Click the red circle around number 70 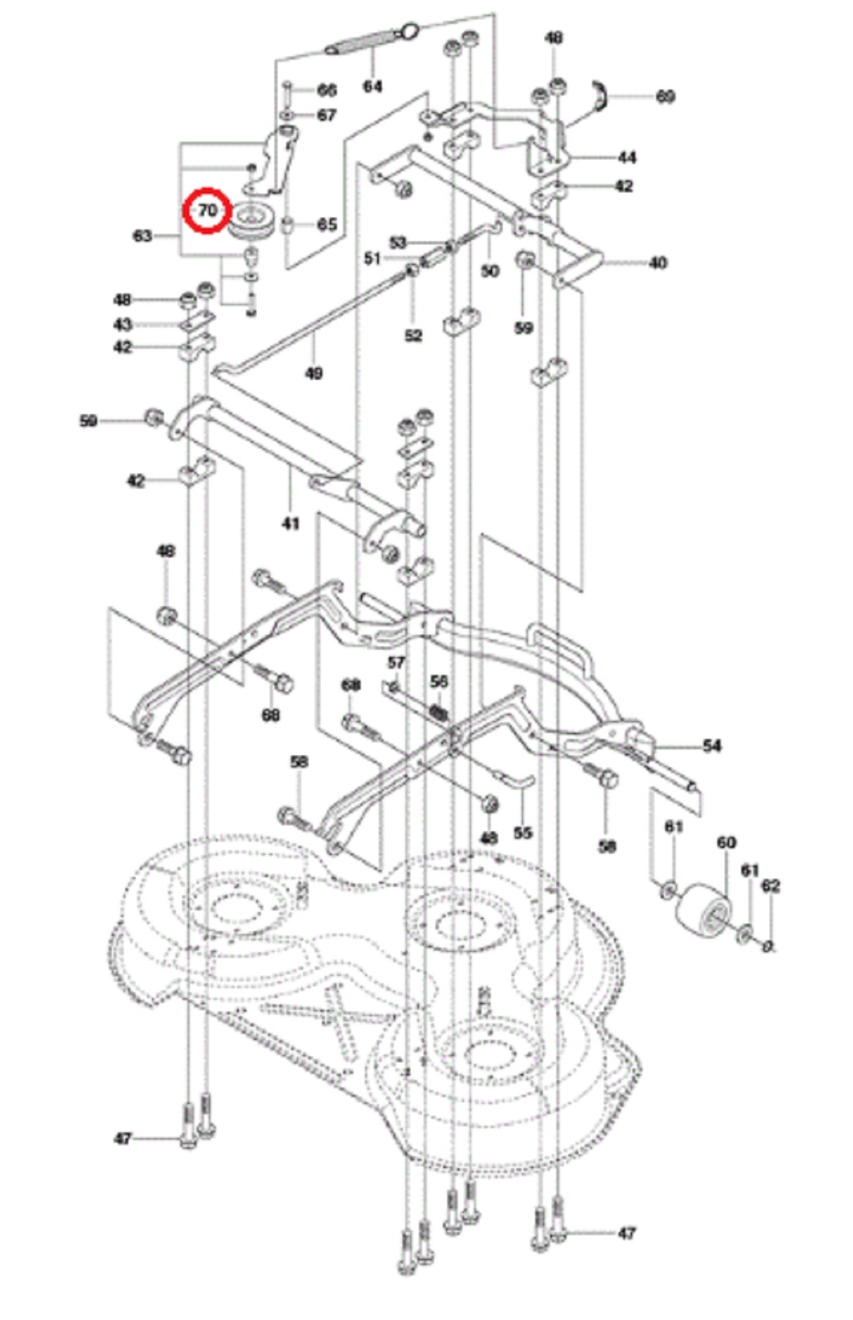(207, 211)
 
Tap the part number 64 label (372, 86)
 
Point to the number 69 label (665, 96)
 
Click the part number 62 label (770, 886)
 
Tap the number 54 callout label (712, 746)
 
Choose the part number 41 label (290, 523)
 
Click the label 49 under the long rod (314, 374)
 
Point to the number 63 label (143, 236)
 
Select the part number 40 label (658, 263)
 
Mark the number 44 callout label (627, 157)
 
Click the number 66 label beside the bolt (327, 90)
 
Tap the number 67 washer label (327, 115)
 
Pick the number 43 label (123, 324)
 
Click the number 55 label (522, 833)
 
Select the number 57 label (396, 662)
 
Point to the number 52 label (413, 336)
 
